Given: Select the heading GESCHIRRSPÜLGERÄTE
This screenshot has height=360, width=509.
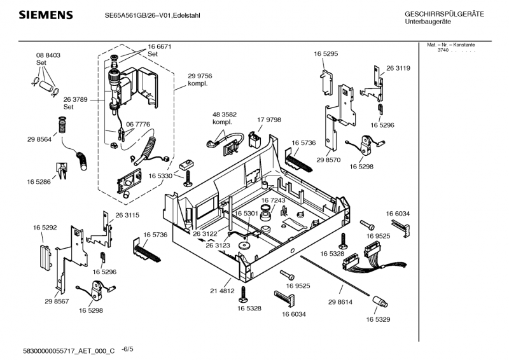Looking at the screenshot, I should (444, 14).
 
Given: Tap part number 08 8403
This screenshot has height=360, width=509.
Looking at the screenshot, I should (48, 55).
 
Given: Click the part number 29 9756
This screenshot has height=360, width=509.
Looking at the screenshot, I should (199, 76).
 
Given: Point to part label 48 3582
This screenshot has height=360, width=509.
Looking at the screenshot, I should (224, 114).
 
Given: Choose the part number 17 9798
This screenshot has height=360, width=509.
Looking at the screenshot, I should (268, 120).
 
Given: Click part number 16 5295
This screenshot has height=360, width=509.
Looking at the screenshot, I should (325, 55).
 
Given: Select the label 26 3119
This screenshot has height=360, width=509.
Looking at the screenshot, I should (398, 68).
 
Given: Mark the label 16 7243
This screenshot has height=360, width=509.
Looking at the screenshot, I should (274, 200).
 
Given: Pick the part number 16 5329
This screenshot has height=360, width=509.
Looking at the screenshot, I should (378, 319).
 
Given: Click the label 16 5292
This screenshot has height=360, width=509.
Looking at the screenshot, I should (45, 226).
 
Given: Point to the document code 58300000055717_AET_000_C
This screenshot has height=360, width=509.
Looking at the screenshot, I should (69, 350).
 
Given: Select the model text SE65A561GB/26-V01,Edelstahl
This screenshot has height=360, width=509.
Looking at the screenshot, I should (152, 15).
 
